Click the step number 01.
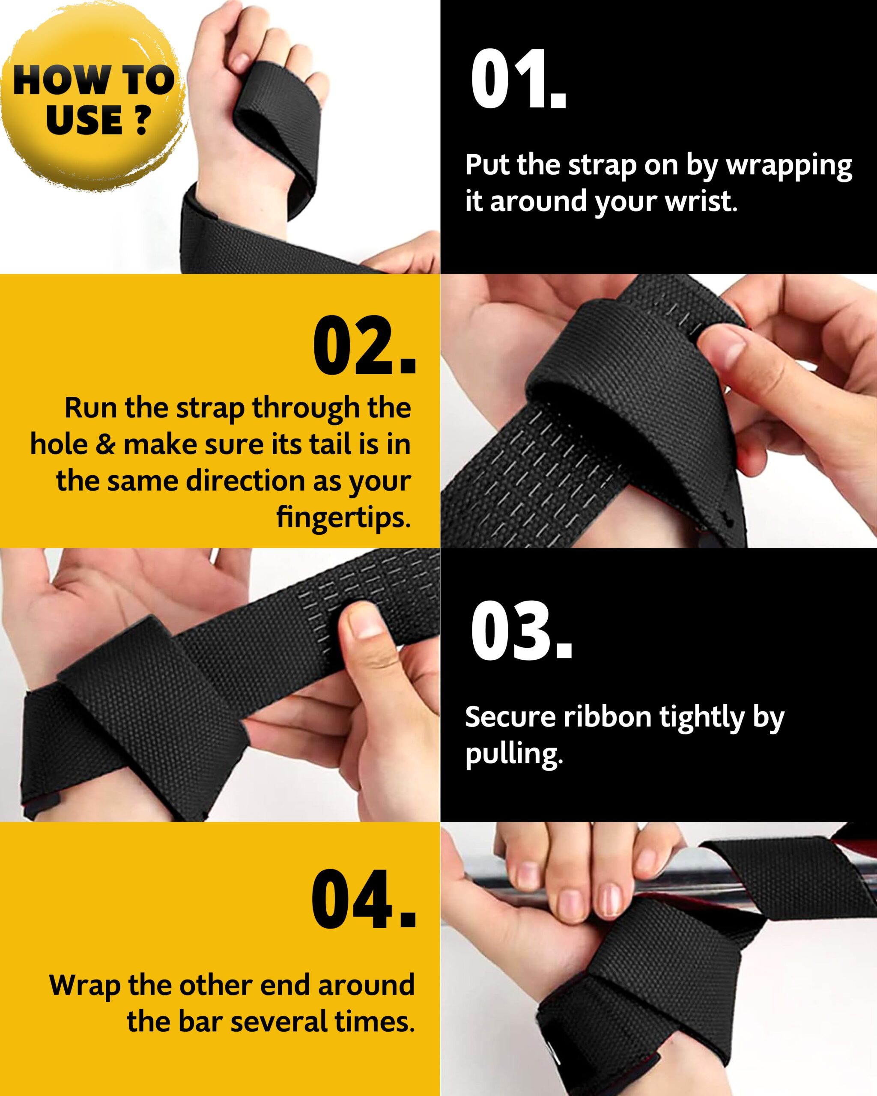pyautogui.click(x=518, y=80)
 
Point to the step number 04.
pyautogui.click(x=363, y=898)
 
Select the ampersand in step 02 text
pyautogui.click(x=105, y=444)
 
